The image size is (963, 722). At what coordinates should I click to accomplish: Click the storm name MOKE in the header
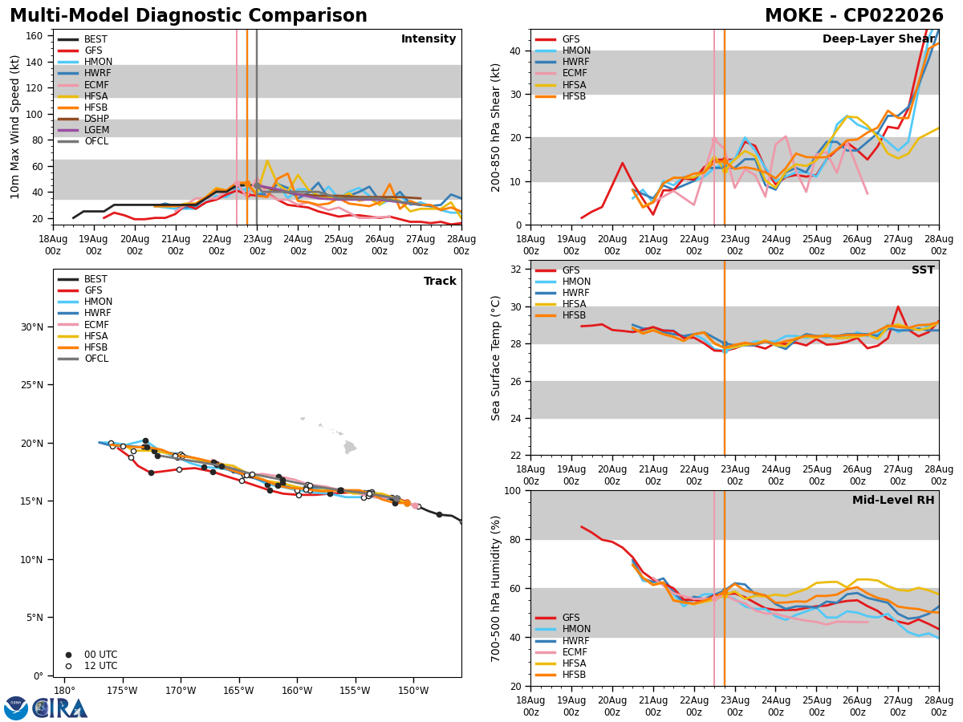point(794,15)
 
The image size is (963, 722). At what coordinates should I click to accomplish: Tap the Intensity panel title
point(429,39)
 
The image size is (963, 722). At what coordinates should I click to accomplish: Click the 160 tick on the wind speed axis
point(34,36)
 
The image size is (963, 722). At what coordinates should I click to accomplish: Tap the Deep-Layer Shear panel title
point(878,39)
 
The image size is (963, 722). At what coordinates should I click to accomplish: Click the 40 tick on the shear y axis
point(515,51)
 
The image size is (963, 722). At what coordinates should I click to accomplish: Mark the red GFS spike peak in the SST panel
point(898,307)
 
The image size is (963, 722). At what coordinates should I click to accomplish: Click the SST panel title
point(923,270)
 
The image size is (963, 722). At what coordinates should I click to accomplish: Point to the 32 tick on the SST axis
point(515,270)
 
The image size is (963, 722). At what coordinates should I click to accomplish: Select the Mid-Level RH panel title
point(893,500)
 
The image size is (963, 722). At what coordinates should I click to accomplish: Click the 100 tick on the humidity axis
point(512,490)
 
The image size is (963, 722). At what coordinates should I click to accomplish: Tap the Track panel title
point(440,281)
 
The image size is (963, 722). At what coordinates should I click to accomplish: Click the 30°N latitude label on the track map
point(32,327)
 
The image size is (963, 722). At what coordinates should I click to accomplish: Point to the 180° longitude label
point(65,692)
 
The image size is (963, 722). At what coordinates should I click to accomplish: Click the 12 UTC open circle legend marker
point(68,666)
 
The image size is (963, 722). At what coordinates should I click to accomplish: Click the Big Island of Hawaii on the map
point(350,447)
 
